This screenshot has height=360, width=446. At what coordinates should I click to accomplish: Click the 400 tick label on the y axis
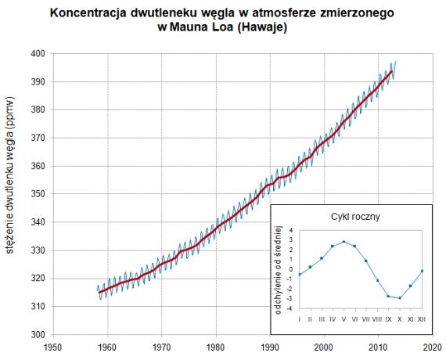[x=37, y=53]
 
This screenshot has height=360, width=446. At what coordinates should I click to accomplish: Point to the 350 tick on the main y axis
[x=37, y=194]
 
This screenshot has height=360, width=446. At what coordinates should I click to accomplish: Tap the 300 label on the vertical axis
[x=37, y=335]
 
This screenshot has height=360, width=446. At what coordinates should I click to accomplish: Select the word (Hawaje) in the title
[x=261, y=28]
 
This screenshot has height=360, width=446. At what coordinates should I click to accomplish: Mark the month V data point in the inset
[x=343, y=242]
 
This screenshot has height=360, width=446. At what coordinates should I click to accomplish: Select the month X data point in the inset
[x=400, y=298]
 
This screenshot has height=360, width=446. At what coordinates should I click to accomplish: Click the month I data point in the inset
[x=299, y=275]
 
